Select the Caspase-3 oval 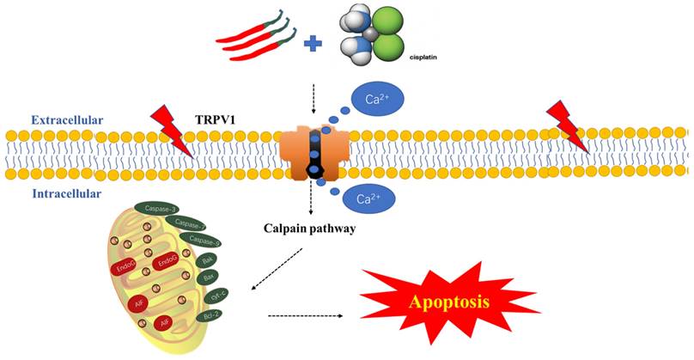coord(161,210)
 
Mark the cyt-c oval coord(218,296)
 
